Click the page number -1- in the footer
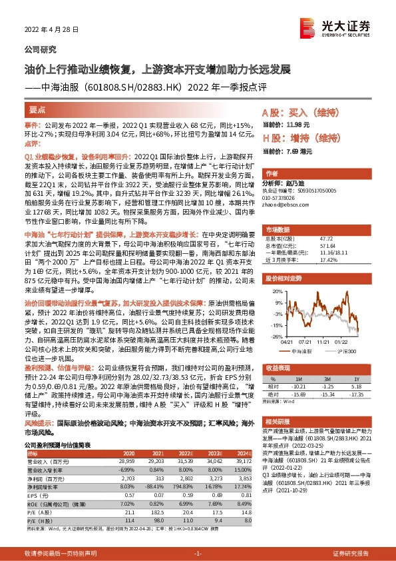[197, 554]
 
